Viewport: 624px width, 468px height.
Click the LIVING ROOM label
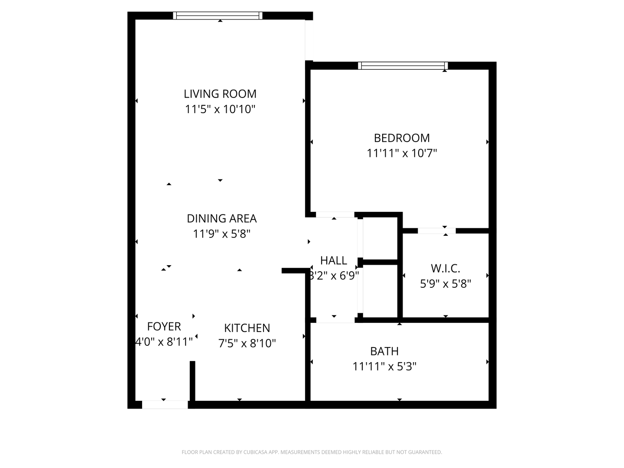click(220, 94)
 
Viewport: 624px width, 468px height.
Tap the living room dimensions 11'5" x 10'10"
click(220, 109)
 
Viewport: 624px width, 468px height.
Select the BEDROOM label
click(402, 138)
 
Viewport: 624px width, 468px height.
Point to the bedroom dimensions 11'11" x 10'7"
click(402, 153)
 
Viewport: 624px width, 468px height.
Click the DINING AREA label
click(221, 218)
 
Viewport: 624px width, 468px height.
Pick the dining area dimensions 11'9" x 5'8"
click(221, 234)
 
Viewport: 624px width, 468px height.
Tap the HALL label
click(333, 260)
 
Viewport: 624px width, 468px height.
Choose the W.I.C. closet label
click(445, 269)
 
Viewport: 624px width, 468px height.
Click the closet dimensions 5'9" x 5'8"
click(445, 284)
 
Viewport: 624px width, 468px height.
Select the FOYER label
click(164, 326)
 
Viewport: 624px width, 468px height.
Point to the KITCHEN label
click(247, 328)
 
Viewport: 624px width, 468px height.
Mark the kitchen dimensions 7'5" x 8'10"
click(247, 344)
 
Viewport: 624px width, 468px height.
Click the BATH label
click(384, 351)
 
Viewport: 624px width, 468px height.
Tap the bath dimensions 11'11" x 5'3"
click(384, 367)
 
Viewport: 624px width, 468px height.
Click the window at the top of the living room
click(218, 16)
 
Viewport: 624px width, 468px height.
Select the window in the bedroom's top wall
click(403, 66)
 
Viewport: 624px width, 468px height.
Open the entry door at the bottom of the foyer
click(165, 405)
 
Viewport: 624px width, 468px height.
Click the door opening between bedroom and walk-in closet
click(437, 231)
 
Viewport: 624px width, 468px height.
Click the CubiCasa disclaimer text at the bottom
click(312, 452)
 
